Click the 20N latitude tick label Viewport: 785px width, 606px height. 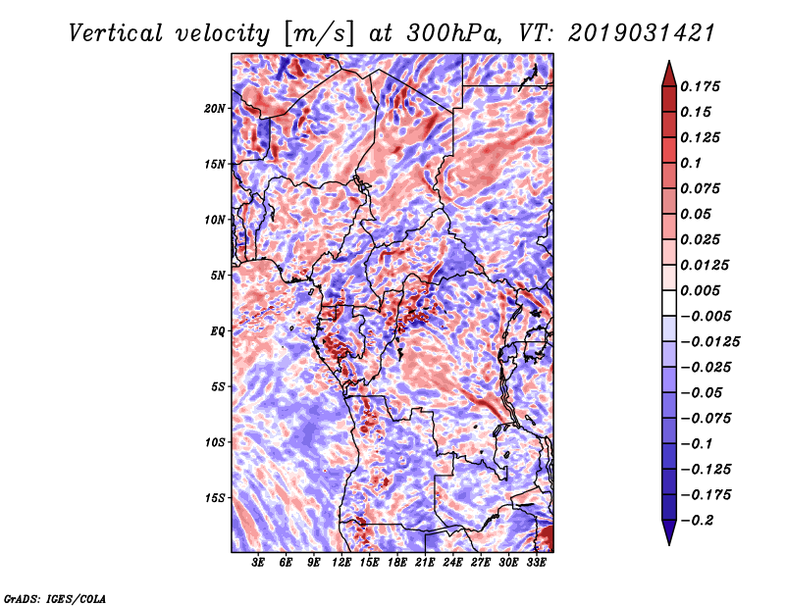pos(215,109)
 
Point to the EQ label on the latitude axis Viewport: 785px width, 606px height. pos(218,331)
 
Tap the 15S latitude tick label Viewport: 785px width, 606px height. pos(215,498)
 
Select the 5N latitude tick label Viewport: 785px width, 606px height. pos(218,276)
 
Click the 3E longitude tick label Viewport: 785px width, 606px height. pos(257,562)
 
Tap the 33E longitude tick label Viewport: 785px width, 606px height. pos(536,562)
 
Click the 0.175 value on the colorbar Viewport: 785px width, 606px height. pos(700,86)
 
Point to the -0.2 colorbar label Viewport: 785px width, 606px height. pos(696,521)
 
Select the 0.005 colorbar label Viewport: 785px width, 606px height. pos(700,290)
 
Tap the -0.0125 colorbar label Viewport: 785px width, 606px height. pos(709,342)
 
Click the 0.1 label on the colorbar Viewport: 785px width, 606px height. pos(691,163)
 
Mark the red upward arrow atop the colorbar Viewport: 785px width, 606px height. pos(669,75)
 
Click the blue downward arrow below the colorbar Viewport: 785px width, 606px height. pos(669,532)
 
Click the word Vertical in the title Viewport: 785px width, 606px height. pos(115,33)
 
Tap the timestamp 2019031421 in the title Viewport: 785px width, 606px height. pos(642,33)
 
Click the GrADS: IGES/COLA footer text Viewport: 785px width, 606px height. pos(55,599)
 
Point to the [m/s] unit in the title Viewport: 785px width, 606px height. pos(319,34)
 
